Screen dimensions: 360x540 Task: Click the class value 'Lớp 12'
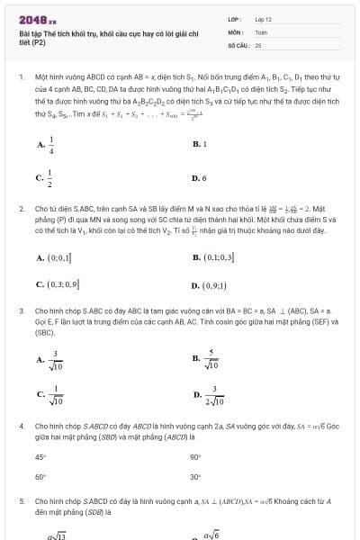pos(264,18)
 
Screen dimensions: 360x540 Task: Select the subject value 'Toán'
pos(261,31)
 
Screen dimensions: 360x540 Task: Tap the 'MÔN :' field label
pos(235,31)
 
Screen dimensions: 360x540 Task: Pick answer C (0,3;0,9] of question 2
pos(58,285)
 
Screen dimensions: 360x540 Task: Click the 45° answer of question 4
pos(40,456)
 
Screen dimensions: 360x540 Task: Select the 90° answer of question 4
pos(196,456)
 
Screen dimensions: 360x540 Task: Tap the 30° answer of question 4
pos(196,476)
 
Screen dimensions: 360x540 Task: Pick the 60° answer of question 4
pos(40,476)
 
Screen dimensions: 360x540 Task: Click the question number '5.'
pos(22,499)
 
